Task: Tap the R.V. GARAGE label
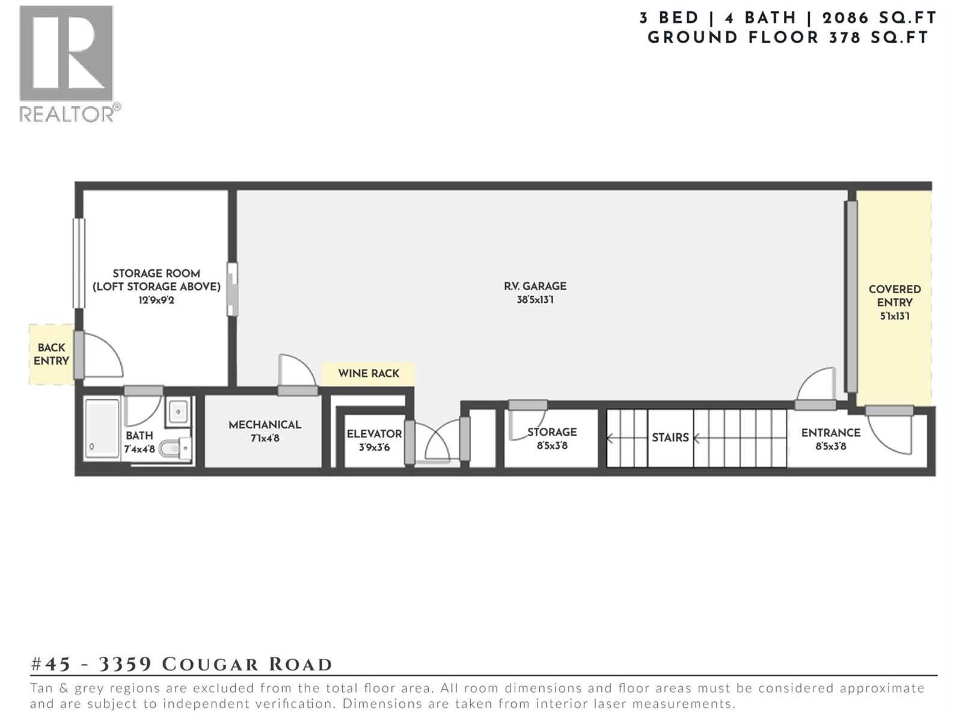(x=535, y=287)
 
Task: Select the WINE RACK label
(x=368, y=374)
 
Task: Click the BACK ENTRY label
(x=51, y=354)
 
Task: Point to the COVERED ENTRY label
(x=894, y=296)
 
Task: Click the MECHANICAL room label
(x=265, y=425)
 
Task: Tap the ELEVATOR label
(x=374, y=434)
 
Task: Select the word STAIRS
(x=670, y=437)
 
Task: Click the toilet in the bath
(x=176, y=448)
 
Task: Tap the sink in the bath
(x=178, y=412)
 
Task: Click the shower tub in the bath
(x=102, y=428)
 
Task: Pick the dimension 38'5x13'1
(x=535, y=300)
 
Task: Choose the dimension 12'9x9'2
(x=156, y=300)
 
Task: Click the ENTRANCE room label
(x=830, y=433)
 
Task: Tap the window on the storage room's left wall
(x=79, y=263)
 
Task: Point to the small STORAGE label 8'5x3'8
(x=552, y=439)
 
